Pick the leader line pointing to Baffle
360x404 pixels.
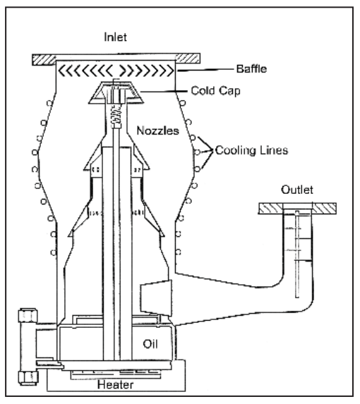[205, 70]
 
